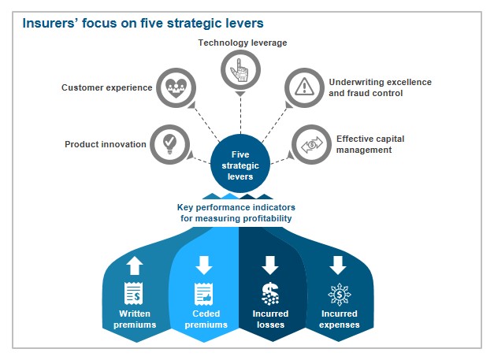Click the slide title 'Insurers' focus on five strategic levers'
pyautogui.click(x=142, y=22)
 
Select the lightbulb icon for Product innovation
pyautogui.click(x=169, y=143)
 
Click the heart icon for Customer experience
pyautogui.click(x=173, y=87)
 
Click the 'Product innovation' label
pyautogui.click(x=106, y=144)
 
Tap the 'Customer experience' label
pyautogui.click(x=106, y=87)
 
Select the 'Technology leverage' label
pyautogui.click(x=242, y=43)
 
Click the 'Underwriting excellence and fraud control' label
pyautogui.click(x=380, y=87)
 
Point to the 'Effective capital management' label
pyautogui.click(x=370, y=144)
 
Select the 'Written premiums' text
pyautogui.click(x=134, y=319)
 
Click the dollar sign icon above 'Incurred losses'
pyautogui.click(x=270, y=294)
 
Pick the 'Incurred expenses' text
pyautogui.click(x=339, y=319)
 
